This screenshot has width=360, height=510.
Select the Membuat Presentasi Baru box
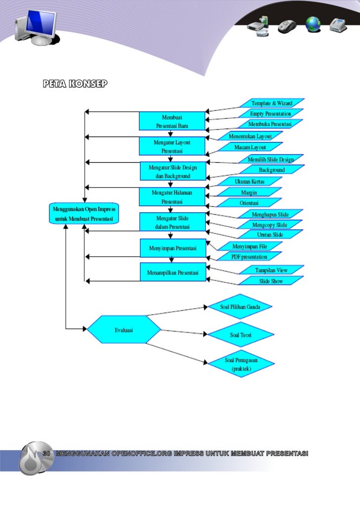(172, 121)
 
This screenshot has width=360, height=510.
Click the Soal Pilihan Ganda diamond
(240, 307)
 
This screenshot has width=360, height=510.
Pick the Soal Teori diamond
(240, 335)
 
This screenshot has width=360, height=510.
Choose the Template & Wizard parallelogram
(271, 103)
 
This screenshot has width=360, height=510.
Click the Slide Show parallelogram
(271, 280)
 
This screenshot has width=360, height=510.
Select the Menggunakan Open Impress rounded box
(84, 214)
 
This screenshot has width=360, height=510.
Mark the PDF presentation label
(249, 257)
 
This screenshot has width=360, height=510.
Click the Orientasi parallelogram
(250, 203)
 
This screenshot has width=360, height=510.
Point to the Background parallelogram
(271, 170)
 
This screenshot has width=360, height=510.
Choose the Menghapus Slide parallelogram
(270, 214)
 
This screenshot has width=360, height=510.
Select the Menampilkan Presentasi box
(173, 273)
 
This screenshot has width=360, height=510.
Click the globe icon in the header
(313, 24)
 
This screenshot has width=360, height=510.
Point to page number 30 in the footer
(47, 454)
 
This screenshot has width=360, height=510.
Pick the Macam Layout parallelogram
(250, 147)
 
